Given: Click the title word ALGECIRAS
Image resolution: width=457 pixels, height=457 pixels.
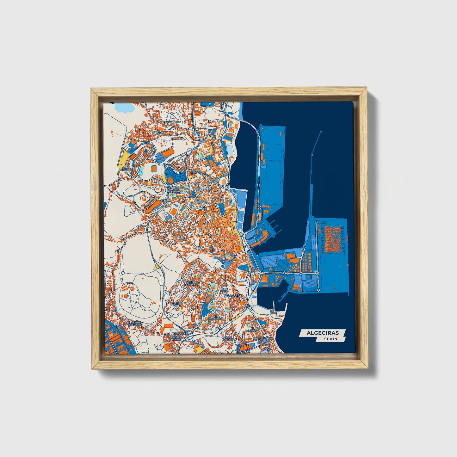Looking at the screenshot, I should coord(322,333).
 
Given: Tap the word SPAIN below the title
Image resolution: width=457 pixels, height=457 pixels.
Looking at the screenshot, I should coord(330,339).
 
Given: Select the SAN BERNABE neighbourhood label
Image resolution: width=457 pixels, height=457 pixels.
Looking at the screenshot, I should coord(125,169).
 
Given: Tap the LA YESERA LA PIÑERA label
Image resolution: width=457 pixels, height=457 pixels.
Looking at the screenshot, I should coord(190,283).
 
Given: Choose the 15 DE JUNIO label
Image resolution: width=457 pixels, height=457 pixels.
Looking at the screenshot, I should coord(224,290).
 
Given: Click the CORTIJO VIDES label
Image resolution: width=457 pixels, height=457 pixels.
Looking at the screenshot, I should coord(177,305).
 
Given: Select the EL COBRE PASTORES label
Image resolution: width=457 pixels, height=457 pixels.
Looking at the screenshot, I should coord(135,323).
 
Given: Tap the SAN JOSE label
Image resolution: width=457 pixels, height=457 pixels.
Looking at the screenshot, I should coord(179,334).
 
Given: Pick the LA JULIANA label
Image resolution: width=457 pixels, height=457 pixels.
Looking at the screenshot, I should coord(228,338).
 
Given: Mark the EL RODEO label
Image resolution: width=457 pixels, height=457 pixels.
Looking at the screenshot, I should coord(252,331).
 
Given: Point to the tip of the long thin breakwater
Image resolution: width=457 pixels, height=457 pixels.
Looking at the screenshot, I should coord(321,131).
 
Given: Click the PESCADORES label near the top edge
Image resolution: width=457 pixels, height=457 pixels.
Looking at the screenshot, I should coord(172,122).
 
